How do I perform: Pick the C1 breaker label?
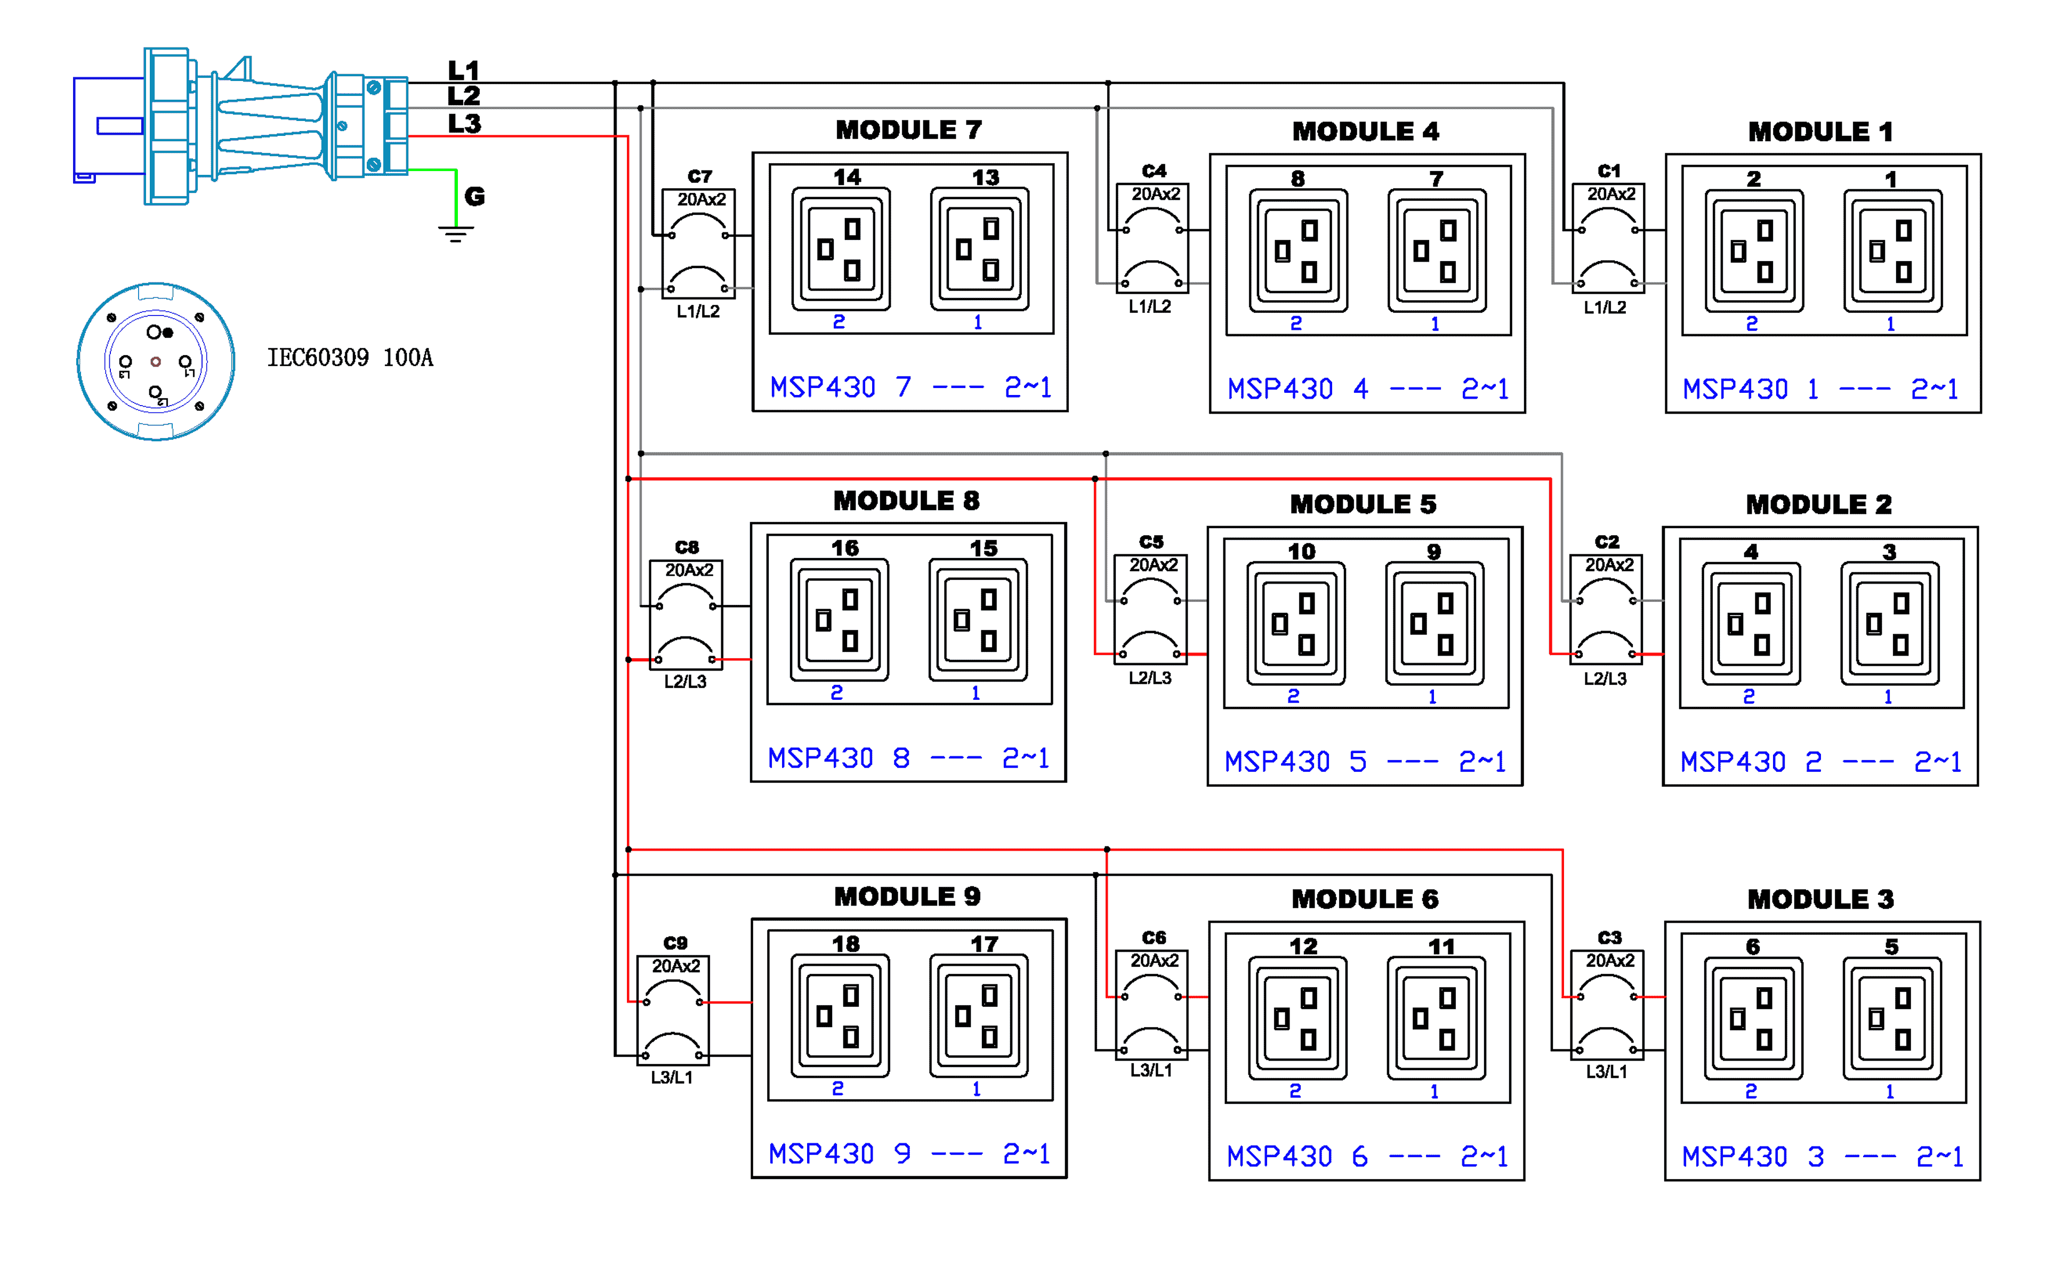(1608, 171)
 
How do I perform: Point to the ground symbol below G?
(456, 234)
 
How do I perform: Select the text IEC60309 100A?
(350, 358)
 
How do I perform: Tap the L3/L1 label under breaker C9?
(672, 1078)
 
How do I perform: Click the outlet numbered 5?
(1892, 1018)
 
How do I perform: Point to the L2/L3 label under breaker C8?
(685, 682)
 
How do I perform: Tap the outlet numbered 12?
(1297, 1018)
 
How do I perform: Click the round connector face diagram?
(156, 362)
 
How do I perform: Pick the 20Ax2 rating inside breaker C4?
(1155, 194)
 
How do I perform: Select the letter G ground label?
(475, 197)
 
